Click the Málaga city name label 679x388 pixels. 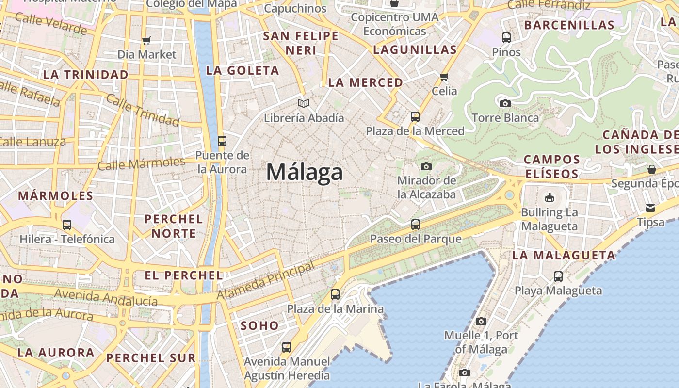click(x=305, y=172)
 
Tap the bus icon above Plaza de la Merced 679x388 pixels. click(x=415, y=116)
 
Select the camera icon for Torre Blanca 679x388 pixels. click(x=505, y=103)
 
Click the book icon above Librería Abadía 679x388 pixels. click(x=304, y=103)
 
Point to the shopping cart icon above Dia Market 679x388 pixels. click(x=146, y=40)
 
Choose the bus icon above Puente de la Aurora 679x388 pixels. click(x=222, y=141)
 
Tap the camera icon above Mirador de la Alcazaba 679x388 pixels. click(x=426, y=166)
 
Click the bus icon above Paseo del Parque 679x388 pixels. click(x=416, y=224)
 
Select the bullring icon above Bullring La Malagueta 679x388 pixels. click(x=549, y=197)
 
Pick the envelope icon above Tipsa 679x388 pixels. click(x=650, y=208)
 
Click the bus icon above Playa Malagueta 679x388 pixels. click(x=558, y=276)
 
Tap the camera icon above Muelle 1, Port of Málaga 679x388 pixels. click(x=481, y=321)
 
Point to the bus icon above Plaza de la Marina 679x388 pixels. click(x=335, y=294)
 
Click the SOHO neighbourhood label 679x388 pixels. click(x=259, y=325)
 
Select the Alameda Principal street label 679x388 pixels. click(x=266, y=281)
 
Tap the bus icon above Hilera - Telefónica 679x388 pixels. click(x=67, y=225)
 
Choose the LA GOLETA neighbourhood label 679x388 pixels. click(x=242, y=71)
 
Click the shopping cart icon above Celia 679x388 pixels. click(x=444, y=77)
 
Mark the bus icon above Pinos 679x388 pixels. click(x=506, y=37)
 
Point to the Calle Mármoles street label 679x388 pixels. click(x=141, y=163)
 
